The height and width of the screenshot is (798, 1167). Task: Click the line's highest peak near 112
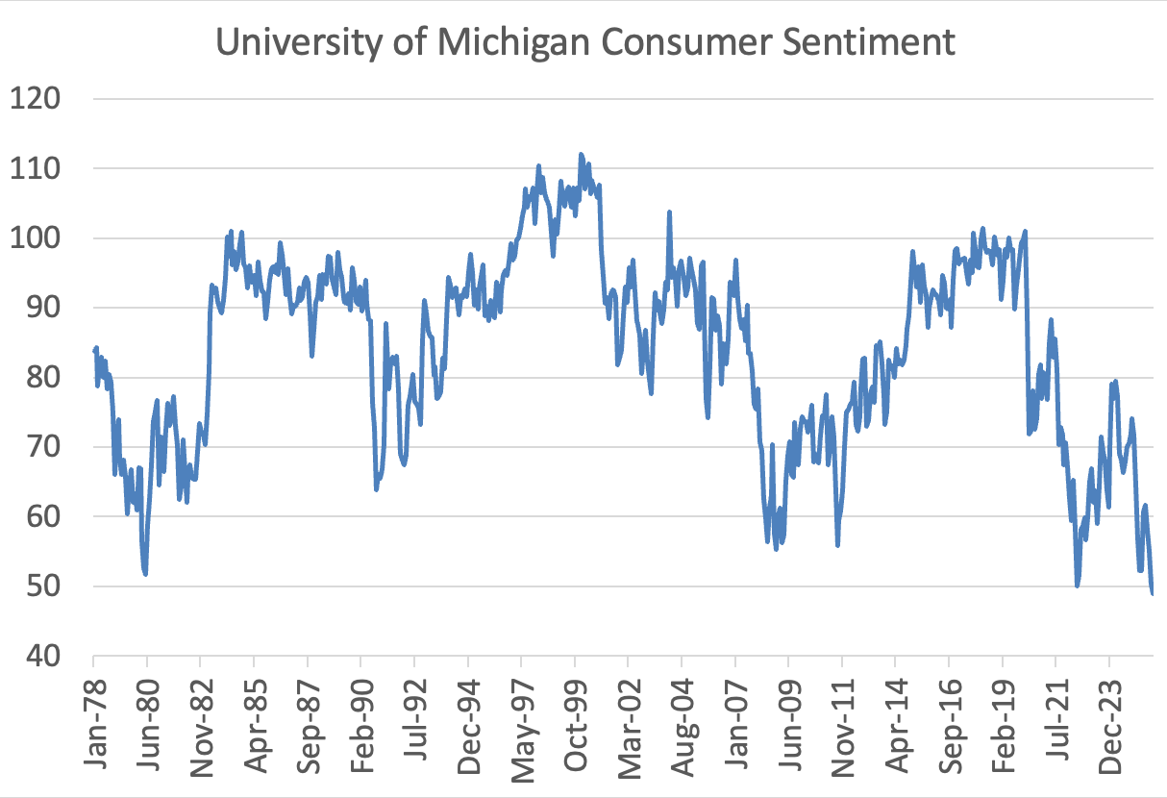[x=581, y=154]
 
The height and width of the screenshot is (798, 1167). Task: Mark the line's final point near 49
[x=1152, y=593]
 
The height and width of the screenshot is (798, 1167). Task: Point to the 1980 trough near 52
[x=145, y=574]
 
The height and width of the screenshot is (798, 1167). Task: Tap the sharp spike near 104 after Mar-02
[x=669, y=212]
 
